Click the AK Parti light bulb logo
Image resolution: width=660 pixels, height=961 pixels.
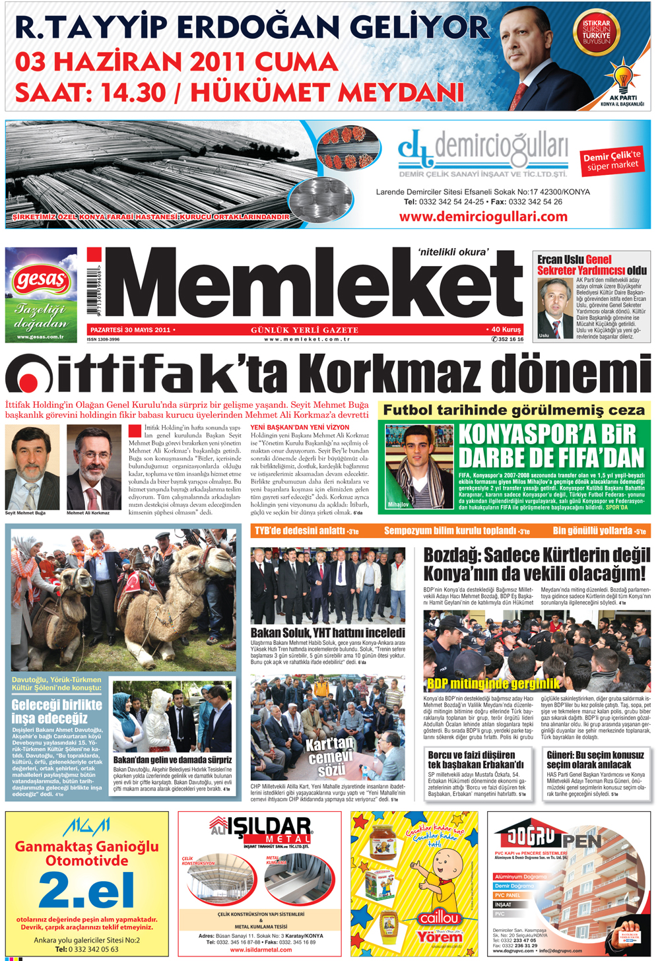click(x=622, y=77)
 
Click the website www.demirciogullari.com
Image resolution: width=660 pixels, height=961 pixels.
click(x=483, y=216)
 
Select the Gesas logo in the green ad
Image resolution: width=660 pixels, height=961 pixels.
click(x=40, y=281)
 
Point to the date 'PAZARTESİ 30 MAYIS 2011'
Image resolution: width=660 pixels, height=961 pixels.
click(x=130, y=329)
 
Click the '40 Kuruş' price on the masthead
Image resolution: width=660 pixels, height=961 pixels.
click(x=506, y=329)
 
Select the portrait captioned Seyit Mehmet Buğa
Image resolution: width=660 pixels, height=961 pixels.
click(x=32, y=467)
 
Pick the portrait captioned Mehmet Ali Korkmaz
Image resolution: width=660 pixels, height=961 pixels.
click(x=93, y=467)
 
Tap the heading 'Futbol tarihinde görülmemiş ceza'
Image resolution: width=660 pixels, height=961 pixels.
click(x=513, y=410)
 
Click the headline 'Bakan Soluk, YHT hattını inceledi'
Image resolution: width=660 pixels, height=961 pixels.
click(x=327, y=633)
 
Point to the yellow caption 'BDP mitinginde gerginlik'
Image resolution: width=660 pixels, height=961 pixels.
click(x=493, y=684)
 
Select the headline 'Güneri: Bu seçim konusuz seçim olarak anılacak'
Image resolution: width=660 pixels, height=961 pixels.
click(x=595, y=759)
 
